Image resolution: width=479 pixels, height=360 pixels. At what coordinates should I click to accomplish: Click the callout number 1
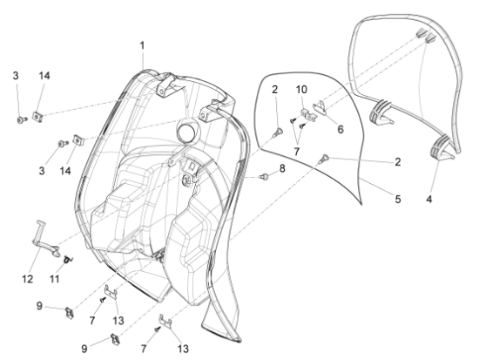(142, 46)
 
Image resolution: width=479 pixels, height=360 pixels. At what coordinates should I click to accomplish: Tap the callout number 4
(429, 200)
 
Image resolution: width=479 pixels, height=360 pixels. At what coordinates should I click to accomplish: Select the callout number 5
(398, 199)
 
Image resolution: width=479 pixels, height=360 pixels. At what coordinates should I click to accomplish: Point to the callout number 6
(341, 129)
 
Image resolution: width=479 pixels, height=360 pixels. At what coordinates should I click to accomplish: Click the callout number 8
(282, 168)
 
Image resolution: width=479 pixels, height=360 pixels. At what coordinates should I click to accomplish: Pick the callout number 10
(301, 90)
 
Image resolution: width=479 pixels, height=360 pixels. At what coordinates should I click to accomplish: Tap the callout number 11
(54, 279)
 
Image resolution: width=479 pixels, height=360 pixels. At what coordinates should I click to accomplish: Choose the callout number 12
(27, 279)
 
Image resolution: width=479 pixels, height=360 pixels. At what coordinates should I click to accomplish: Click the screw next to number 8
(264, 176)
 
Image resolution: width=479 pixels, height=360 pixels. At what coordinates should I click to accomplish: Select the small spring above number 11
(68, 260)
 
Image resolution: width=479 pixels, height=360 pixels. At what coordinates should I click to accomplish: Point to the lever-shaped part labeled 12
(46, 239)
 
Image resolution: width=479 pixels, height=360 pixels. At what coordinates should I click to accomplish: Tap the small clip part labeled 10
(308, 114)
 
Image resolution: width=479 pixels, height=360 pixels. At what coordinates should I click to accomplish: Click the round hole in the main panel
(186, 131)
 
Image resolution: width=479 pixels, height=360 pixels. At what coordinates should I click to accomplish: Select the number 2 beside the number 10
(274, 90)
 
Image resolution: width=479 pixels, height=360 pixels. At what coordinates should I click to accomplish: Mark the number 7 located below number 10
(296, 152)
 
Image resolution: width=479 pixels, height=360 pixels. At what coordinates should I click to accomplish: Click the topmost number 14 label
(44, 76)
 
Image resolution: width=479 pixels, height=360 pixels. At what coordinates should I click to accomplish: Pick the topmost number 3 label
(16, 76)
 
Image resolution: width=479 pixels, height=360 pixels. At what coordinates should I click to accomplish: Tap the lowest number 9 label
(84, 349)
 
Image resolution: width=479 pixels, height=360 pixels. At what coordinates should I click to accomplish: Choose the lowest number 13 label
(183, 349)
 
